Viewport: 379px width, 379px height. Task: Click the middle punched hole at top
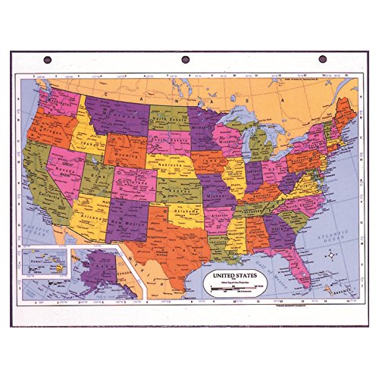pos(184,59)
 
